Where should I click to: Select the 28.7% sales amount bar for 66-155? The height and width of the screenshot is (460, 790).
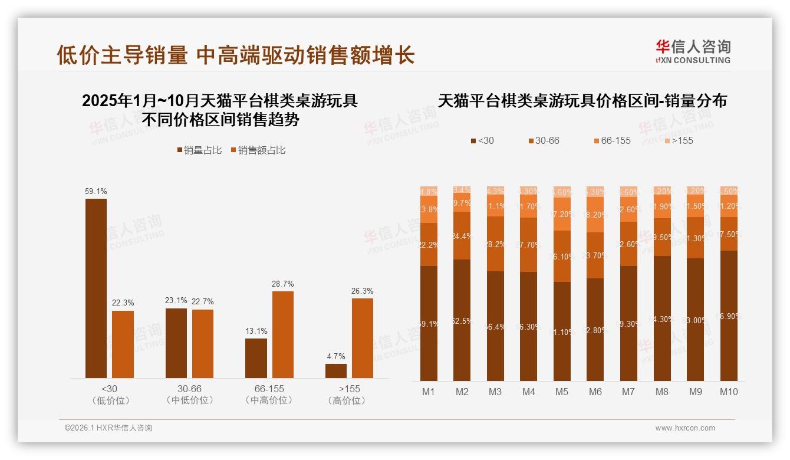coord(283,334)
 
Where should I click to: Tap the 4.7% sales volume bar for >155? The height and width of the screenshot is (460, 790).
coord(336,371)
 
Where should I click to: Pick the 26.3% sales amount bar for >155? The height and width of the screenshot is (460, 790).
coord(363,338)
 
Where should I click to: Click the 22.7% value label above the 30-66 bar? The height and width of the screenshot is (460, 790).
coord(203,302)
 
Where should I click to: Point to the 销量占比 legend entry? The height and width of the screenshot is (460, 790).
coord(199,150)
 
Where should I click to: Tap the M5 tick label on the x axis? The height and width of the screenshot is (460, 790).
coord(562,392)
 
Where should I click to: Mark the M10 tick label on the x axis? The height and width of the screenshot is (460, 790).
coord(729,392)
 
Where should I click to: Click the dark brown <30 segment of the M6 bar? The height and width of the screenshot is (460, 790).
coord(595,330)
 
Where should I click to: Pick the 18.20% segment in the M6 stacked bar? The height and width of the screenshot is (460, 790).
coord(595,215)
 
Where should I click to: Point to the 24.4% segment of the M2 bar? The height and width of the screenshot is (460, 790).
coord(462,236)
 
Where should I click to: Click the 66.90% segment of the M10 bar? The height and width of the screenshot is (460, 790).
coord(729,316)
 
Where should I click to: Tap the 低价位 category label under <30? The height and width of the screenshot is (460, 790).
coord(110,400)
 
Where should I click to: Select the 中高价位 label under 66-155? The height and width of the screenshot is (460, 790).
coord(269,400)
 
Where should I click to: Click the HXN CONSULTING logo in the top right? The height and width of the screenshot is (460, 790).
coord(693,51)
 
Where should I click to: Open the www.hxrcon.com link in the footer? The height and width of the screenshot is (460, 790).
coord(685,428)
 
